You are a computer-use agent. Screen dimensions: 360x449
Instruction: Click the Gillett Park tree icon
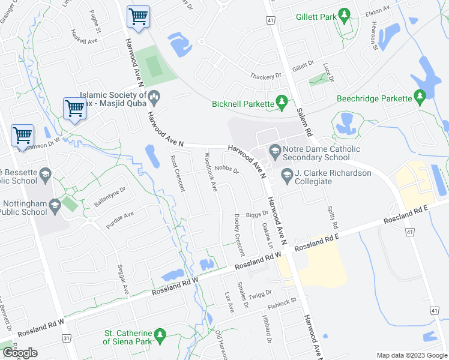[x=344, y=14]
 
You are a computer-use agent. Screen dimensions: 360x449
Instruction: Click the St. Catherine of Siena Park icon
[x=160, y=336]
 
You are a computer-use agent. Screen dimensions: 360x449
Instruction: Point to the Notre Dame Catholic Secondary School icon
[x=276, y=149]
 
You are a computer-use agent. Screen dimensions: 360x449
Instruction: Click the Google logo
[x=20, y=353]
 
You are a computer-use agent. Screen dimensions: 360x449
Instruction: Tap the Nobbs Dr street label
[x=227, y=170]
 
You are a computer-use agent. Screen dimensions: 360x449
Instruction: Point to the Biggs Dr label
[x=256, y=213]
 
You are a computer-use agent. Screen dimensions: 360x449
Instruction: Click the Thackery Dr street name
[x=266, y=76]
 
